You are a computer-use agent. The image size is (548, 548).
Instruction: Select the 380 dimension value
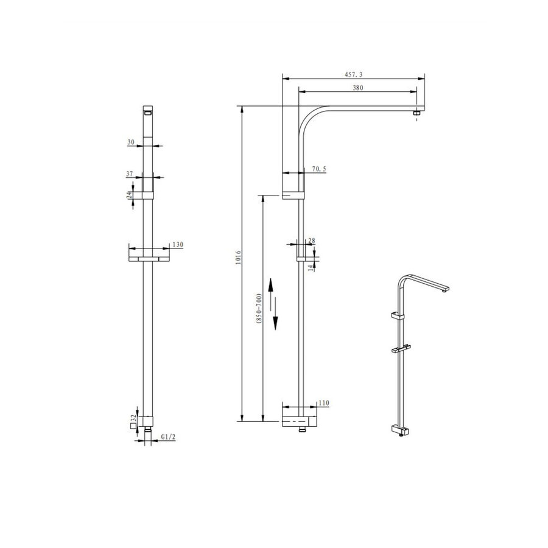[x=357, y=88]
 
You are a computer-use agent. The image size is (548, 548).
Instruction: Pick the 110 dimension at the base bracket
[x=323, y=403]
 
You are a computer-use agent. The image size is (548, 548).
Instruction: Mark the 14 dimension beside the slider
[x=311, y=267]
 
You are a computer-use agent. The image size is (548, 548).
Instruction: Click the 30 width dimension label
[x=130, y=142]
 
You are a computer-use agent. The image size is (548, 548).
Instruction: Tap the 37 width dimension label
[x=130, y=174]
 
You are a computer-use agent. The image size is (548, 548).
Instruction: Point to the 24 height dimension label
[x=129, y=195]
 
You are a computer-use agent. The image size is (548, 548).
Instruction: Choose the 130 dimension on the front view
[x=178, y=244]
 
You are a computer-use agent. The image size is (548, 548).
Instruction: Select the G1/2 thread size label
[x=168, y=437]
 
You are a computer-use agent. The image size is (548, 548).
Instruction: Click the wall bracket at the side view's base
[x=298, y=421]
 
